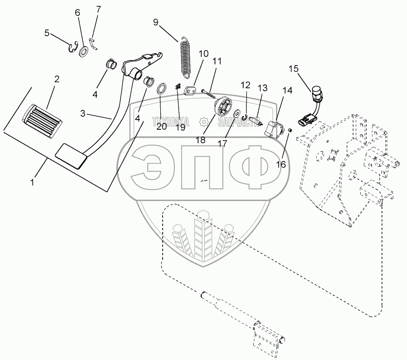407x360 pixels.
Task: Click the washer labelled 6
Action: (x=84, y=52)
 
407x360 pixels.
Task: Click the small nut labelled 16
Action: (x=289, y=130)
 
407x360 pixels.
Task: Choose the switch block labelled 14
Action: (x=274, y=128)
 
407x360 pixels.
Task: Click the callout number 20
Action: (x=161, y=127)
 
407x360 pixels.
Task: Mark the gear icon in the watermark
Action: (x=204, y=121)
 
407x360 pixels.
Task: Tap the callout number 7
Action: (x=98, y=9)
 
